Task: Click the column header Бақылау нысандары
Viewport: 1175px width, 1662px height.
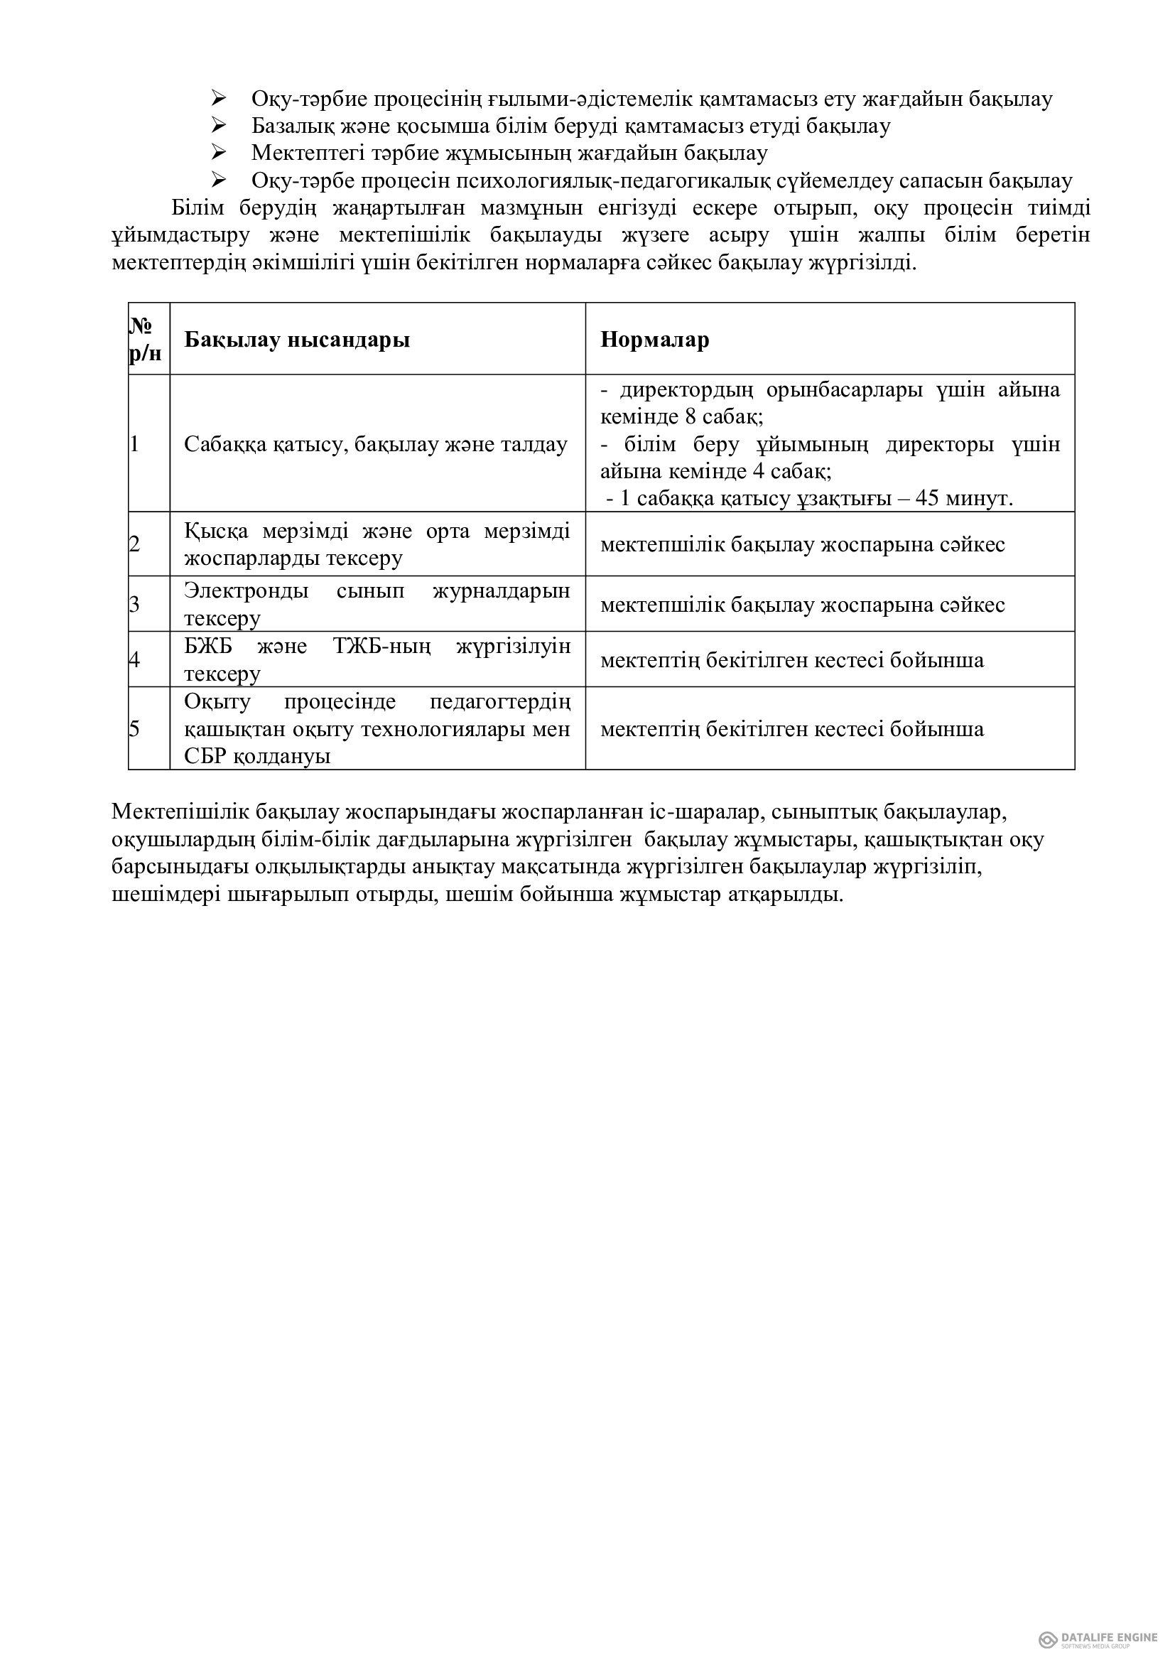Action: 297,340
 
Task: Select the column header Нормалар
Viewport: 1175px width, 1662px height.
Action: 654,340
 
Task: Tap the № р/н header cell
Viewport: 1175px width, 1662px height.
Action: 148,339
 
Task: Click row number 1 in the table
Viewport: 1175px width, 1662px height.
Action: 134,443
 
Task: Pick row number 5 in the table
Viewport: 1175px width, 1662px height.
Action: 134,728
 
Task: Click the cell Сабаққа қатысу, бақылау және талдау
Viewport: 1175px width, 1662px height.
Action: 376,443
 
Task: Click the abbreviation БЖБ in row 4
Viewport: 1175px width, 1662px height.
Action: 207,646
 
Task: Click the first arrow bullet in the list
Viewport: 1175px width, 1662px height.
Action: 220,99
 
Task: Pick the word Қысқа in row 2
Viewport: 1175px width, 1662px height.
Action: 216,531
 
